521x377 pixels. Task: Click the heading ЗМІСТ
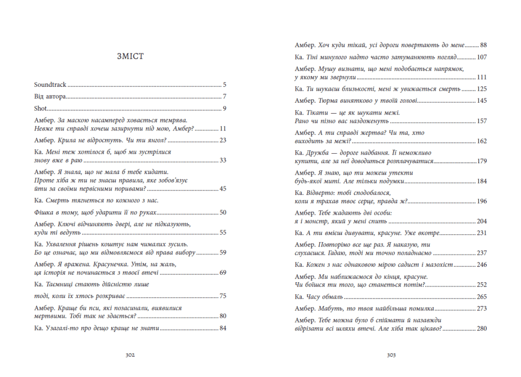click(129, 57)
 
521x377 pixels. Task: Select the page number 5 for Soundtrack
click(224, 85)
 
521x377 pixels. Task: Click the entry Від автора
click(50, 97)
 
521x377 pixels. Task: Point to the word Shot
click(41, 109)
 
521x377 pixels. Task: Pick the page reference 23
click(223, 140)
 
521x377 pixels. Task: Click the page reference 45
click(223, 189)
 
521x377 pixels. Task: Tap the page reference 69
click(223, 273)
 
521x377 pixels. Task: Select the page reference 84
click(223, 328)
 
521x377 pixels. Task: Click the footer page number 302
click(130, 355)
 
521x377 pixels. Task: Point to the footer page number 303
click(391, 355)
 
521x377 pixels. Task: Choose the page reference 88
click(483, 45)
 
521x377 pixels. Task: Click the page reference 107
click(482, 57)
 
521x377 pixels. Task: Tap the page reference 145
click(482, 101)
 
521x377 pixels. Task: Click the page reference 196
click(482, 201)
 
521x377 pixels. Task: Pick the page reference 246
click(482, 265)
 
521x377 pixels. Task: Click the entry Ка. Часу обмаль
click(319, 297)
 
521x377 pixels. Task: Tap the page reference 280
click(482, 328)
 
